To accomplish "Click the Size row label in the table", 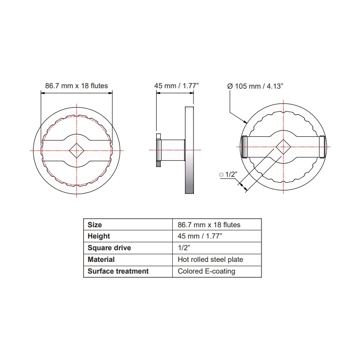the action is tap(94, 225).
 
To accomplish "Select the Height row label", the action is tap(99, 236).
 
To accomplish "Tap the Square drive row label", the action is tap(109, 248).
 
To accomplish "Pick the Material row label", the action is tap(101, 260).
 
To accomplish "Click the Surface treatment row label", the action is tap(118, 271).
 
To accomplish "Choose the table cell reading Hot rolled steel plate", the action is tap(210, 260).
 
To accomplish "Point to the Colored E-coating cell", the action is tap(207, 271).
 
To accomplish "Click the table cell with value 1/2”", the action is tap(184, 248).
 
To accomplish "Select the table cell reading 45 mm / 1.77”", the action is tap(200, 236).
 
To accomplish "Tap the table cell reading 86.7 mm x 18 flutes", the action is tap(209, 225).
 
